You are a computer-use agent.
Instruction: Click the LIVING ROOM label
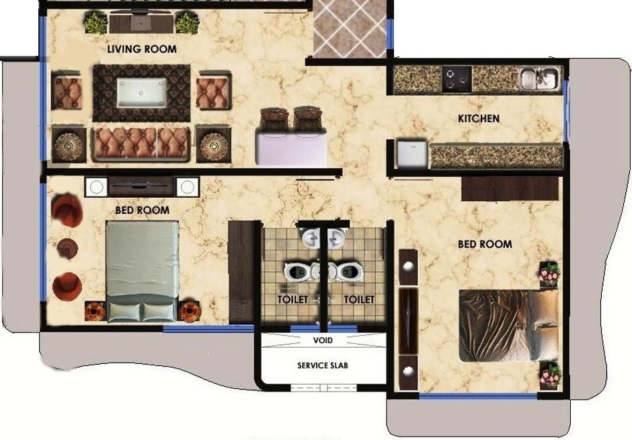pos(142,49)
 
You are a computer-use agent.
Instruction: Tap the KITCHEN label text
pos(479,119)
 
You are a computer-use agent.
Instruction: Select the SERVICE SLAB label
pos(323,366)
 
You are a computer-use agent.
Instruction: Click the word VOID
pos(323,340)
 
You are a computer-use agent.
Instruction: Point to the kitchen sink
pos(538,78)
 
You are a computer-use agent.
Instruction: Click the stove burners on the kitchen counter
pos(456,79)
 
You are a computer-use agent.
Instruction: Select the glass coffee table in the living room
pos(142,91)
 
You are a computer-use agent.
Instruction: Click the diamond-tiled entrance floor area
pos(351,27)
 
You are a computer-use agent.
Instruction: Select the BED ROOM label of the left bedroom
pos(142,211)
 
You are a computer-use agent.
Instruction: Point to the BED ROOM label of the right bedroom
pos(485,244)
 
